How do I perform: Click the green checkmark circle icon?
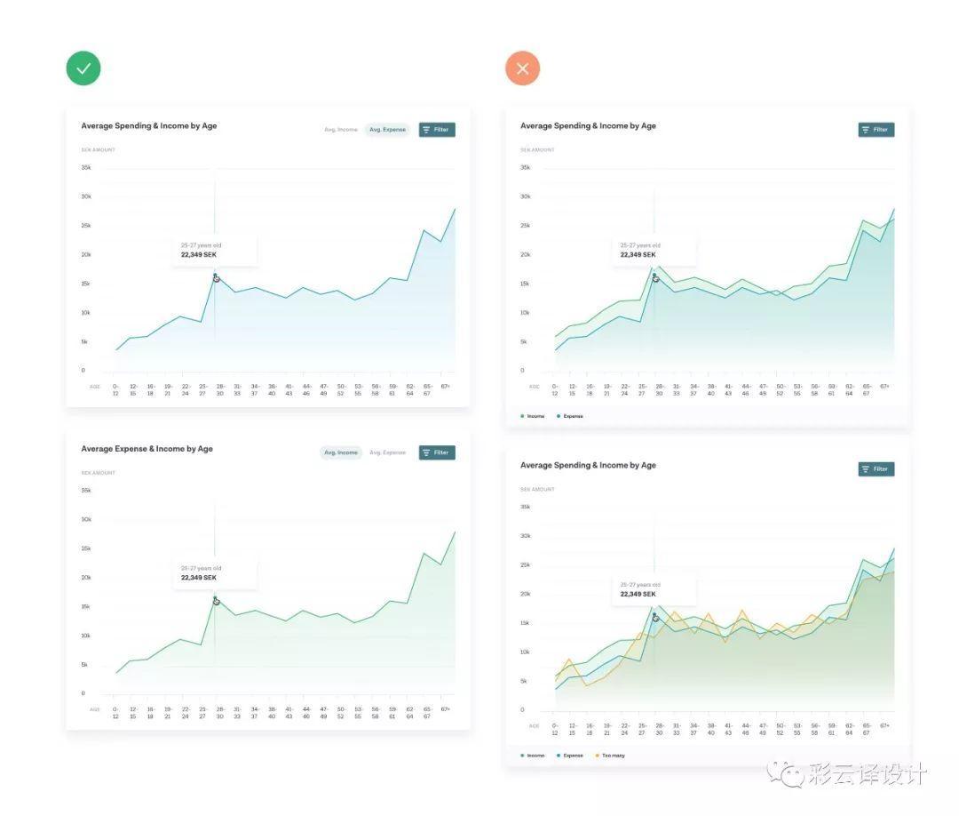[x=83, y=68]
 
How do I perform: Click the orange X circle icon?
[x=522, y=68]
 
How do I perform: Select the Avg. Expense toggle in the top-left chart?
[x=387, y=130]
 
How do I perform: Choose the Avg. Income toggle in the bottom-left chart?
[x=341, y=452]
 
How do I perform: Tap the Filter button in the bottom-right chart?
[x=876, y=469]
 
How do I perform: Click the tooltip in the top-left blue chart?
[x=214, y=250]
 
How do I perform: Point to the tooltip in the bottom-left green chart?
[x=214, y=573]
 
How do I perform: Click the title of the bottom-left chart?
[x=147, y=449]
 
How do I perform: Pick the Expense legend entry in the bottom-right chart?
[x=570, y=756]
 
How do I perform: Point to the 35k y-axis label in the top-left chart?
[x=86, y=167]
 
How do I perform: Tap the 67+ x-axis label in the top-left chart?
[x=445, y=387]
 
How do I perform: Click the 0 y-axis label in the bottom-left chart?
[x=83, y=693]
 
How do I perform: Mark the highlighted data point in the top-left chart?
[x=216, y=278]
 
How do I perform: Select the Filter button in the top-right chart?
[x=876, y=130]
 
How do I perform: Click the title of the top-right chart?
[x=588, y=126]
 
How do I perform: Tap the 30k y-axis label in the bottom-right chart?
[x=525, y=536]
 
